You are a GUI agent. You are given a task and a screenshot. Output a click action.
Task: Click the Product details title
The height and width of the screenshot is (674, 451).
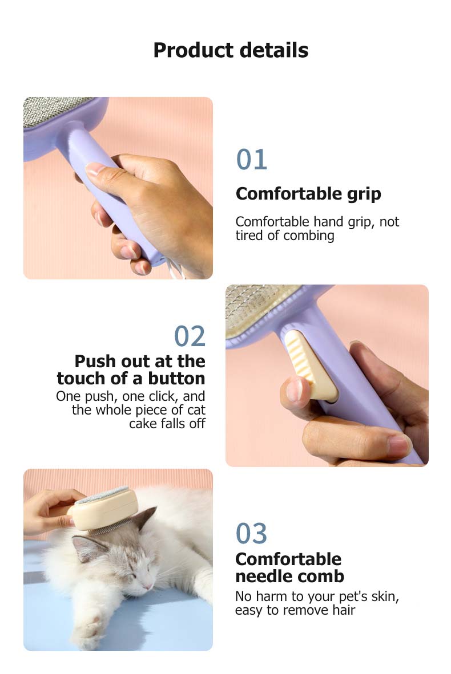(x=231, y=50)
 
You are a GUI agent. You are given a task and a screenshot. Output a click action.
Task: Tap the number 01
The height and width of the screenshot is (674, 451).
(x=251, y=160)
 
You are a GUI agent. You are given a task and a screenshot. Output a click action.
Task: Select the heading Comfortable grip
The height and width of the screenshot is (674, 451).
(x=308, y=194)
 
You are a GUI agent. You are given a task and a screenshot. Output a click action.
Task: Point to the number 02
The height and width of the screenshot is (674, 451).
(x=190, y=336)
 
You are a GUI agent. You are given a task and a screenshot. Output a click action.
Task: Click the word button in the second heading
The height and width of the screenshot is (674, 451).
(x=176, y=379)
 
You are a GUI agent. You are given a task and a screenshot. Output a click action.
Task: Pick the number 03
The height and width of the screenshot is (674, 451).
(x=251, y=534)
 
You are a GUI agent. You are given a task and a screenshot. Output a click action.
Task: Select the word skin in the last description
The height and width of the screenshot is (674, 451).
(x=382, y=597)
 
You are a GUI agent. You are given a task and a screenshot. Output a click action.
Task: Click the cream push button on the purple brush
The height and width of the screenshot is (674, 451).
(x=308, y=365)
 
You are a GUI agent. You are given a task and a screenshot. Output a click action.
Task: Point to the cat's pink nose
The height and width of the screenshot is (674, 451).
(x=148, y=586)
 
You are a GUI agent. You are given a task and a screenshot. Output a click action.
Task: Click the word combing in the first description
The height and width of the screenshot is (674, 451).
(x=309, y=236)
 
